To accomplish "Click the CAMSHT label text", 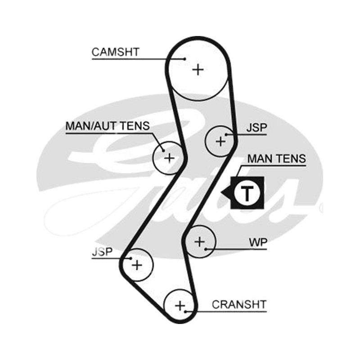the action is click(116, 52).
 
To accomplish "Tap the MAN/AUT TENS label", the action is click(108, 126).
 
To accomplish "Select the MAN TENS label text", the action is click(277, 159).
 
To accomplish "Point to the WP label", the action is click(258, 243).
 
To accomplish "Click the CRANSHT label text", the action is click(239, 305).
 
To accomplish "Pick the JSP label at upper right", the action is click(256, 128).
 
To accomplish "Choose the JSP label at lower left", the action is click(102, 252).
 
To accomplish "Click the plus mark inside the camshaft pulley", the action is click(198, 70).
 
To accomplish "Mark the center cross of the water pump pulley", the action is click(199, 242).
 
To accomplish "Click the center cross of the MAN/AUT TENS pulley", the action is click(170, 158).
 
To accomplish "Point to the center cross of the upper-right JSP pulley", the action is click(220, 141).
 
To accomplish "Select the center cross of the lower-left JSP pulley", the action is click(137, 265).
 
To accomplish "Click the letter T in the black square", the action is click(247, 193).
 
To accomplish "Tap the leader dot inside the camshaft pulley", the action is click(185, 59).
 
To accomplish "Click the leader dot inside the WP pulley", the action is click(206, 249).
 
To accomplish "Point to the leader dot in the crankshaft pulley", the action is click(185, 311).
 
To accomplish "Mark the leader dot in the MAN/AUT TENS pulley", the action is click(163, 151).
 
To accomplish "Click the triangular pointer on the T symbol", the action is click(226, 193).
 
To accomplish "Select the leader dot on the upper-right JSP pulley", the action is click(226, 135).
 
